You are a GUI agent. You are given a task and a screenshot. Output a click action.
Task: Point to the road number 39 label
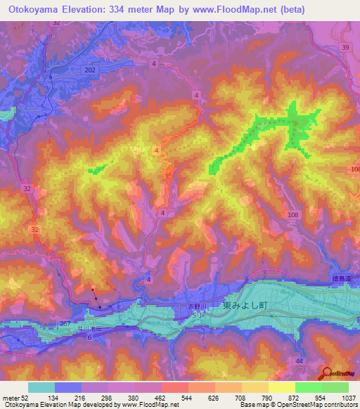pyautogui.click(x=345, y=47)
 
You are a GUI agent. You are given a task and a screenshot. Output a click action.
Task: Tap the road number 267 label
pyautogui.click(x=65, y=323)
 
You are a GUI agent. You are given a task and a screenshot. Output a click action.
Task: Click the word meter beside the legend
pyautogui.click(x=11, y=398)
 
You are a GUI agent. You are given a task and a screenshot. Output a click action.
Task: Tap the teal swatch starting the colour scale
pyautogui.click(x=41, y=387)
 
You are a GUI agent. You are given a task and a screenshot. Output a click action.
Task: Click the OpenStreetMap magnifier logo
pyautogui.click(x=327, y=373)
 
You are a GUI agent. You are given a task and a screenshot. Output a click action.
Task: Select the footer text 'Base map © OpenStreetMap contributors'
pyautogui.click(x=298, y=405)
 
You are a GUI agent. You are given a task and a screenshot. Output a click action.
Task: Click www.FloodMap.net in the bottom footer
pyautogui.click(x=149, y=405)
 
